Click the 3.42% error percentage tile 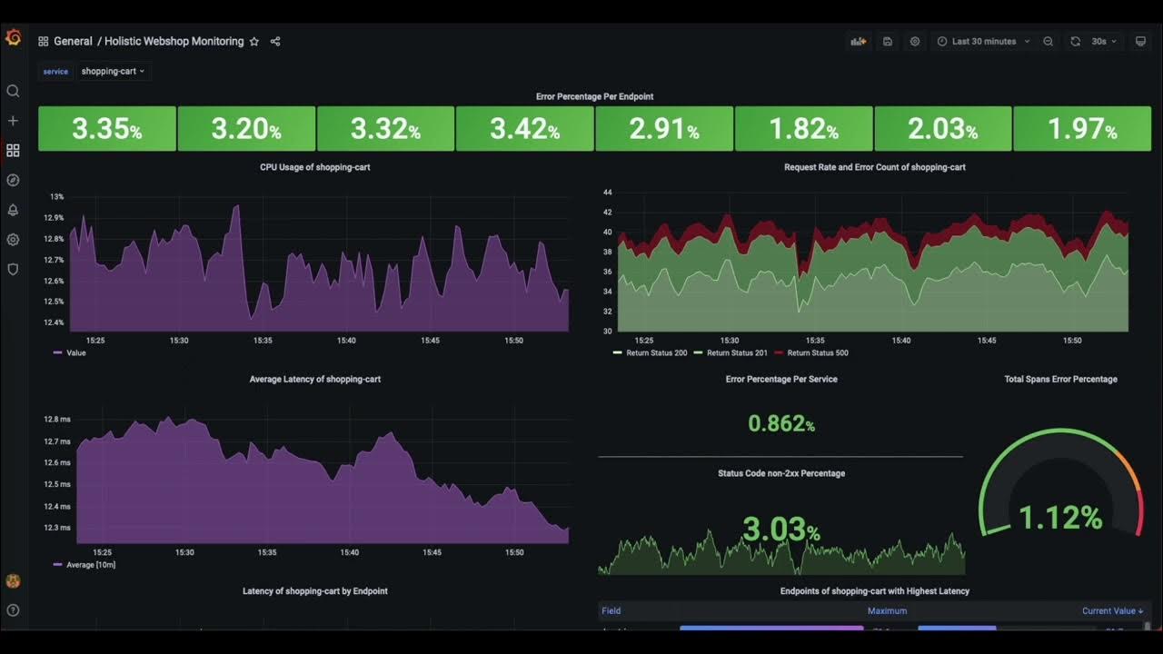pos(525,129)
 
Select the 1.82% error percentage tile pos(803,129)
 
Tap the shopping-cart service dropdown pos(113,71)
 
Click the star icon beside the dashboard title pos(254,42)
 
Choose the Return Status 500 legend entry pos(817,352)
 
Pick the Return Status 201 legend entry pos(736,352)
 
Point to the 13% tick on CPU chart pos(56,196)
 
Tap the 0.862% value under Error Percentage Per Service pos(781,423)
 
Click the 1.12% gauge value pos(1060,518)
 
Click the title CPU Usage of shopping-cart pos(315,167)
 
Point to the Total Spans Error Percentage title pos(1060,379)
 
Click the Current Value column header pos(1112,611)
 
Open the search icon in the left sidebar pos(13,91)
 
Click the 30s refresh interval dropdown pos(1104,42)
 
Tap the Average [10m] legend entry pos(90,565)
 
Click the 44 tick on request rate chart pos(608,193)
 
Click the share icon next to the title pos(275,42)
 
